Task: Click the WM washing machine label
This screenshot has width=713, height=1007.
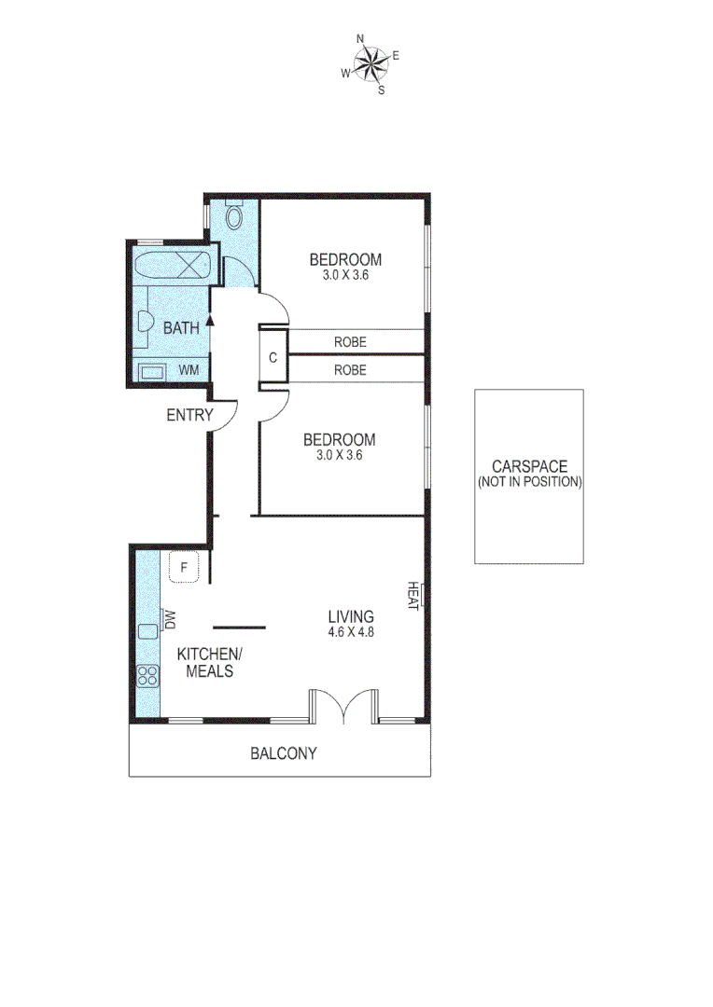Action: coord(189,370)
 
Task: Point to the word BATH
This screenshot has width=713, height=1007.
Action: coord(181,327)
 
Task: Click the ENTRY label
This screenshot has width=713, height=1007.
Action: coord(189,415)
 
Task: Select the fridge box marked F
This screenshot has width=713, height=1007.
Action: coord(185,567)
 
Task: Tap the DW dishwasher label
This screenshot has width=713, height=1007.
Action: coord(171,617)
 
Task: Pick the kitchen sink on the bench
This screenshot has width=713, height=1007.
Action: coord(147,630)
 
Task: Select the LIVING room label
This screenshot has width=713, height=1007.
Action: coord(351,616)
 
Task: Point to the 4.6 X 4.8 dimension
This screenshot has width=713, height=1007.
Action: coord(351,631)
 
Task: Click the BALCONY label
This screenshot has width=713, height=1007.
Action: coord(283,753)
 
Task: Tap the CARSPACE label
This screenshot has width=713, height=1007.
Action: coord(529,467)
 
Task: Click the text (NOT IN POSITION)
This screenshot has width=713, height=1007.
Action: coord(529,482)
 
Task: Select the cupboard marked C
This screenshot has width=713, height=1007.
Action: coord(273,356)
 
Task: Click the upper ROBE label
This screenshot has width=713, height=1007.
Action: coord(350,342)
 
